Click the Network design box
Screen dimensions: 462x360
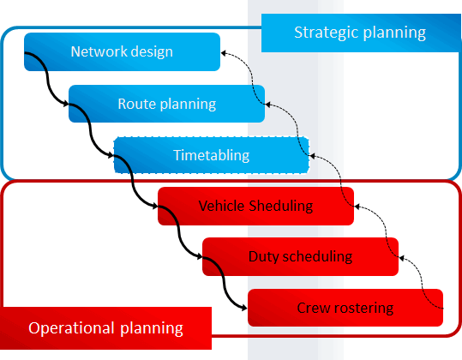(x=122, y=51)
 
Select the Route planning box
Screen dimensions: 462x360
(x=167, y=104)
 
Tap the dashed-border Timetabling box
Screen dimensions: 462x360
(x=212, y=155)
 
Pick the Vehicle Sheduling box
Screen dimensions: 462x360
(x=255, y=206)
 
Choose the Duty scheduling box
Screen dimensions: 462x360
(x=300, y=256)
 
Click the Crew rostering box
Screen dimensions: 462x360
(x=345, y=308)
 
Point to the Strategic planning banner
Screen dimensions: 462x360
(x=361, y=33)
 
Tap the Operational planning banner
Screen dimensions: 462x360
(x=105, y=328)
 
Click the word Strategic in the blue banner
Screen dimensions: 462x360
(x=327, y=33)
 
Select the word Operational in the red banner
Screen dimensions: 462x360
(x=71, y=329)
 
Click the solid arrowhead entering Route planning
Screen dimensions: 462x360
(x=66, y=104)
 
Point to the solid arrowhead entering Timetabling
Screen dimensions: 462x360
(x=111, y=155)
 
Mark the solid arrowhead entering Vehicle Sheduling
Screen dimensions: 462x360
(x=155, y=206)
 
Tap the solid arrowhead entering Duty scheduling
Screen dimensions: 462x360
(x=200, y=256)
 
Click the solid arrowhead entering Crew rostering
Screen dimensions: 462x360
(x=244, y=308)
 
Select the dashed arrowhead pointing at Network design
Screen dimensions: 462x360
(x=224, y=53)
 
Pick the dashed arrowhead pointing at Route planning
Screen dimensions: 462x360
(x=267, y=105)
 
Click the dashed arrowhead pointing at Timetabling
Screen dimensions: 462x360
(x=312, y=156)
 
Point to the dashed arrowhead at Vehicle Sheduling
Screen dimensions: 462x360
(x=357, y=207)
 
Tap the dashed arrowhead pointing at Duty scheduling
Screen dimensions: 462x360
(x=402, y=258)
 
